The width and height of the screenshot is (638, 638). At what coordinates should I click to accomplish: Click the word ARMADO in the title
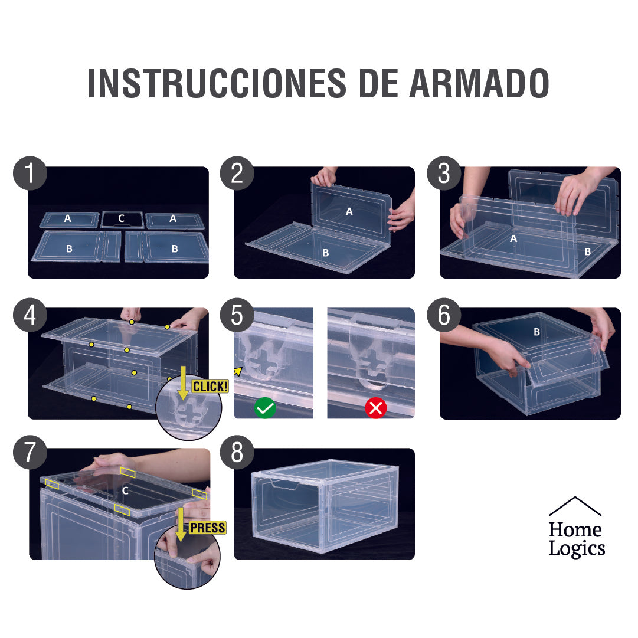(x=479, y=83)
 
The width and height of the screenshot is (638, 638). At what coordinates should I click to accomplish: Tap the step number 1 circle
(x=29, y=174)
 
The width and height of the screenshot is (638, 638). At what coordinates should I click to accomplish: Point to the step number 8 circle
(x=237, y=453)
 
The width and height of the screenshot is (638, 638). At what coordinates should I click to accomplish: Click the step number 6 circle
(x=444, y=316)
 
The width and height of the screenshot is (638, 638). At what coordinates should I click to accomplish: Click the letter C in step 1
(x=121, y=218)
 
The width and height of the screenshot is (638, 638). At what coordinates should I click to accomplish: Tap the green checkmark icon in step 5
(x=265, y=408)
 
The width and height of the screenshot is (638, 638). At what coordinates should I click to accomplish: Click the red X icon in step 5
(x=375, y=408)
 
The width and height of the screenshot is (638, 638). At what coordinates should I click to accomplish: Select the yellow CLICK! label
(x=210, y=387)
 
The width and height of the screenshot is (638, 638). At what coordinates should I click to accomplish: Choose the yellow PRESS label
(x=208, y=527)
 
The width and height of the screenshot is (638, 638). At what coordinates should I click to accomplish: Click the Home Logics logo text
(x=576, y=539)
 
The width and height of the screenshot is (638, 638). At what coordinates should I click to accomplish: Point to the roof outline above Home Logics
(x=575, y=506)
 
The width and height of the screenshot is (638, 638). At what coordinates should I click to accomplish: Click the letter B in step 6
(x=536, y=332)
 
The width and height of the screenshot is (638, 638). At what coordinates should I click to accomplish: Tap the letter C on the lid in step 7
(x=125, y=490)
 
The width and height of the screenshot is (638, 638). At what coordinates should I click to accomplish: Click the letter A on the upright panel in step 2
(x=349, y=211)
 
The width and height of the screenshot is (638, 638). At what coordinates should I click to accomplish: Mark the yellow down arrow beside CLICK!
(x=183, y=382)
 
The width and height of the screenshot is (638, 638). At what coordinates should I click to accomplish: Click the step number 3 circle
(x=444, y=174)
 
